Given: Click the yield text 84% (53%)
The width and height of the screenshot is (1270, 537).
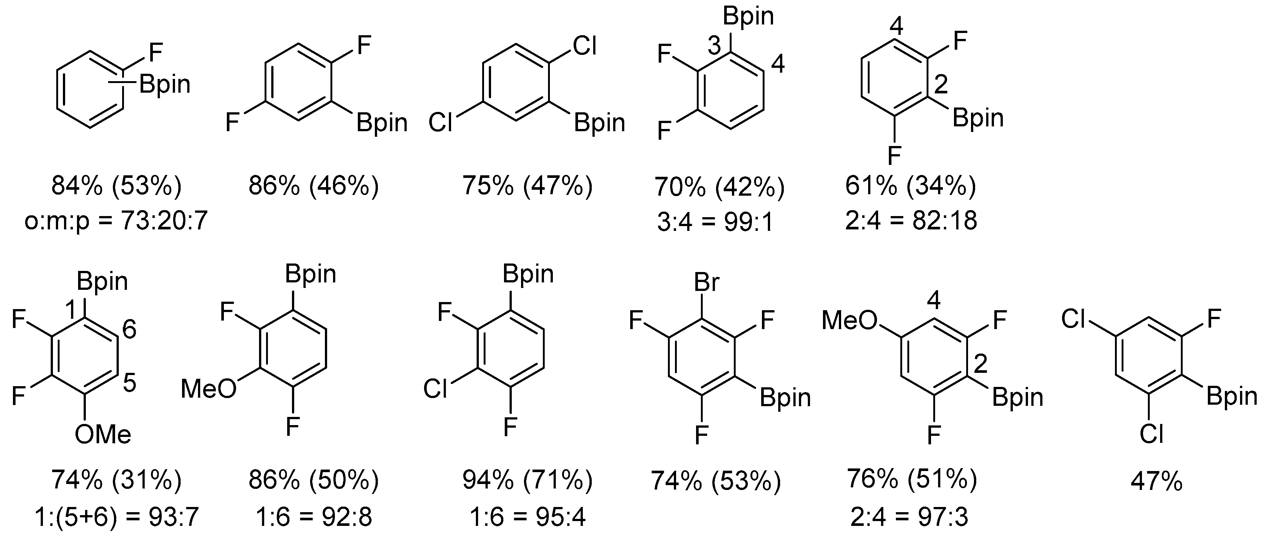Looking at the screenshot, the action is click(x=116, y=186).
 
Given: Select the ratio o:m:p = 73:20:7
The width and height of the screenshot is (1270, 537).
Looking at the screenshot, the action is click(x=116, y=222).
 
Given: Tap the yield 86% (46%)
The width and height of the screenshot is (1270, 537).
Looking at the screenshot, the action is click(x=313, y=186).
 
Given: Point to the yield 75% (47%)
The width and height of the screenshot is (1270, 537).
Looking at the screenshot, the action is click(x=527, y=186).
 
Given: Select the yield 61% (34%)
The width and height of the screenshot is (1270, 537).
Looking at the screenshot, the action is click(x=911, y=186).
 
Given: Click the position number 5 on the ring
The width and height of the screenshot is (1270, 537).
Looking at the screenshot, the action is click(x=129, y=382).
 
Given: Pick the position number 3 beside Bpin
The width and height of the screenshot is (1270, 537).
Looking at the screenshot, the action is click(x=714, y=46).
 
